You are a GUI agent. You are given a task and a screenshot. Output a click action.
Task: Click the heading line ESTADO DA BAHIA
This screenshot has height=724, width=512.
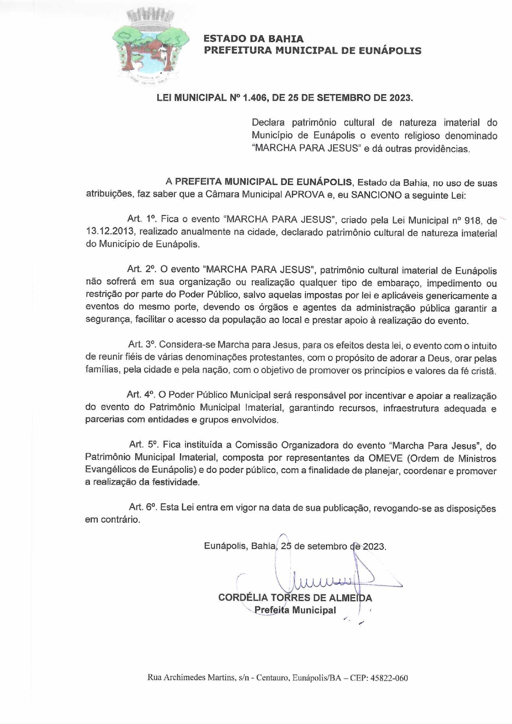254,39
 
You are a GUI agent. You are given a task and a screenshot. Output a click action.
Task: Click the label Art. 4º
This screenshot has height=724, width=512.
140,394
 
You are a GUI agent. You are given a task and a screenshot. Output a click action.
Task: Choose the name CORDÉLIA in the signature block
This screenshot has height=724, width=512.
242,597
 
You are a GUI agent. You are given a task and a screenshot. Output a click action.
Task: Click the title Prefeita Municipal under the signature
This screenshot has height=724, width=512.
295,610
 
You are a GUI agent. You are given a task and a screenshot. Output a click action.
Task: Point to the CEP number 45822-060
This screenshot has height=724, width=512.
389,678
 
